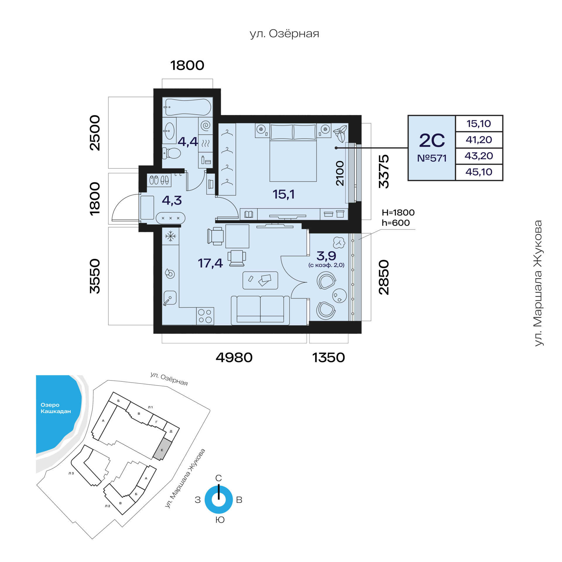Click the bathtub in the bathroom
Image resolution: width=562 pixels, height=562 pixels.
188,107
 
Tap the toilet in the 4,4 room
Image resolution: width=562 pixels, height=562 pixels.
172,153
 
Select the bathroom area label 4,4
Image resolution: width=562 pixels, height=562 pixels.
188,142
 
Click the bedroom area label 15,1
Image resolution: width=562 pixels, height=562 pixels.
283,194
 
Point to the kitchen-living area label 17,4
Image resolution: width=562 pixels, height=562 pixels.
210,263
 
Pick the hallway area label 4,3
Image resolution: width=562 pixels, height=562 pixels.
172,200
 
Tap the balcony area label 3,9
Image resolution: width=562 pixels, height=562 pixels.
326,256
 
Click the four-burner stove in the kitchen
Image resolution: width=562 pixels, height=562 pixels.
205,316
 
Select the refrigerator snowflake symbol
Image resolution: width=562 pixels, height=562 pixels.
170,236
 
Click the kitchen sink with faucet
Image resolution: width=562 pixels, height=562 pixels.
169,298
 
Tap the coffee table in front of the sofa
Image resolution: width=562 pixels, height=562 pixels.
260,280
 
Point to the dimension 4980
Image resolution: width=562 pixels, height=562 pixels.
234,358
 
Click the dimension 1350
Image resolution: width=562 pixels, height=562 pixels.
328,358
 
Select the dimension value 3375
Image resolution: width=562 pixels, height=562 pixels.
384,171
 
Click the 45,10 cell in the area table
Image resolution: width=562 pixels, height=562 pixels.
479,172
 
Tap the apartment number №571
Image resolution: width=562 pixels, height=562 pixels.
432,158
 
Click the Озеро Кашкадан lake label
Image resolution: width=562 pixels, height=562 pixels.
56,408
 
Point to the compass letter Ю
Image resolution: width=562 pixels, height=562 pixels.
220,520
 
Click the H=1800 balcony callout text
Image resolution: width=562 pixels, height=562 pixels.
398,213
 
